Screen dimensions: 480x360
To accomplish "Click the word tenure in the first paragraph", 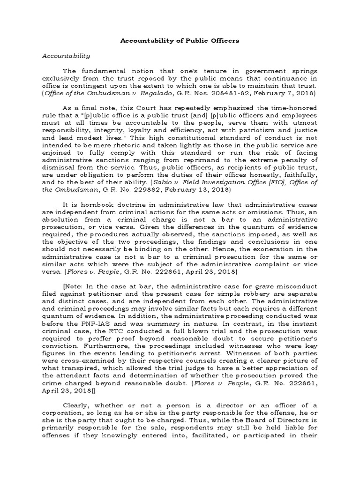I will point(205,71).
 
